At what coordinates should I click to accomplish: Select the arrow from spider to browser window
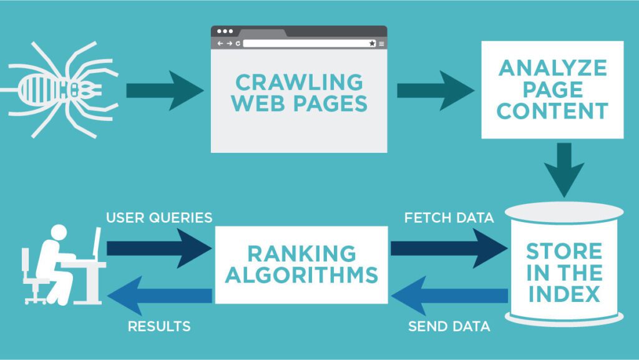pyautogui.click(x=163, y=91)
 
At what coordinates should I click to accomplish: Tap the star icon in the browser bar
pyautogui.click(x=372, y=44)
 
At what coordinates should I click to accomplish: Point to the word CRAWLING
pyautogui.click(x=298, y=82)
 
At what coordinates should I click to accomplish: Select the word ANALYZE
pyautogui.click(x=552, y=67)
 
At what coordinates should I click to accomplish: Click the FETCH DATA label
pyautogui.click(x=449, y=218)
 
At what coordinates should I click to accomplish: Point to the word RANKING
pyautogui.click(x=301, y=253)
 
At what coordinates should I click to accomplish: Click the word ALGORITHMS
pyautogui.click(x=301, y=275)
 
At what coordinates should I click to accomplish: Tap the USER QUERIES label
pyautogui.click(x=159, y=218)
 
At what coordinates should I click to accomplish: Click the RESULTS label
pyautogui.click(x=159, y=326)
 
